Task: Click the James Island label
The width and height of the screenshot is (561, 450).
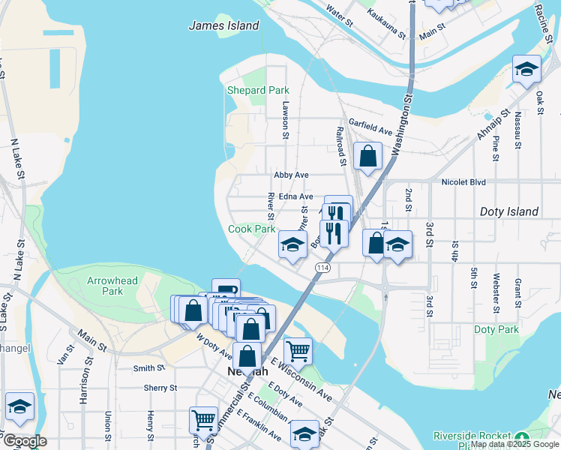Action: (x=223, y=25)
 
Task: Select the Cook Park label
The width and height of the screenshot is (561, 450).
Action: (x=251, y=229)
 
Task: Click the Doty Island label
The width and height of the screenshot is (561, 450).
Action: (x=509, y=211)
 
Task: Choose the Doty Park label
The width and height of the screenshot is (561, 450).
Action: (x=496, y=329)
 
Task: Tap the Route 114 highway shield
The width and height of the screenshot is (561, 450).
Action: (x=322, y=268)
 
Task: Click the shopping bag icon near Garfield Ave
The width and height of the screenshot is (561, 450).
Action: (x=367, y=157)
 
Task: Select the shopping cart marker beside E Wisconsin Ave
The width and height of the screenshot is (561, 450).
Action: (x=298, y=349)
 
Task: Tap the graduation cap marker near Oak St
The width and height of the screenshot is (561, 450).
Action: (x=526, y=70)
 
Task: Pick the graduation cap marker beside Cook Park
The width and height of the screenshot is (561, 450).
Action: (x=292, y=244)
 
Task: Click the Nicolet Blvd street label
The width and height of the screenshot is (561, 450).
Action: (x=463, y=182)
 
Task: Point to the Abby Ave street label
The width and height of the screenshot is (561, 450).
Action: (x=291, y=175)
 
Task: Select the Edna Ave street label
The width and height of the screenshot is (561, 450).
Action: (x=295, y=196)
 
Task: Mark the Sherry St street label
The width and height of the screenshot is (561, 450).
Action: (x=160, y=388)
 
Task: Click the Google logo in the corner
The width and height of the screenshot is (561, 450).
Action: (x=25, y=441)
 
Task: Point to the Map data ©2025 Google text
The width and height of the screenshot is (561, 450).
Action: (x=514, y=445)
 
